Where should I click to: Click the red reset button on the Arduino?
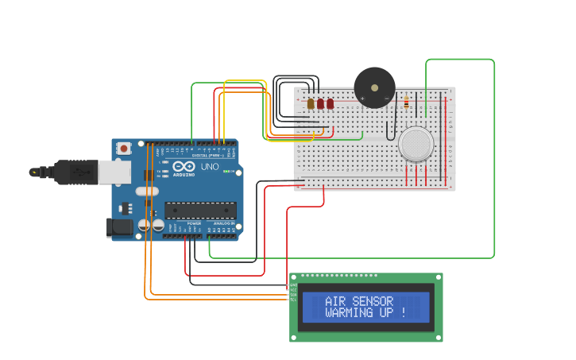point(124,149)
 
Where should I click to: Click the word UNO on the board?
point(210,168)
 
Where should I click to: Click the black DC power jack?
point(119,227)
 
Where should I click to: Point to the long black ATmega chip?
point(200,210)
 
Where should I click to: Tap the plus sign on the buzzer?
point(363,99)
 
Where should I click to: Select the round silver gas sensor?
point(417,144)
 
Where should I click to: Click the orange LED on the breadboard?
point(311,103)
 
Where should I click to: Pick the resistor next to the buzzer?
point(407,102)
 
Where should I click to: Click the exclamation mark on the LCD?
point(403,313)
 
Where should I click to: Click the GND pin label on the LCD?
point(293,285)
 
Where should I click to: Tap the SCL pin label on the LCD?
point(293,300)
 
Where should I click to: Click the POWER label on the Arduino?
point(194,224)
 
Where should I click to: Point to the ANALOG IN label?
point(223,224)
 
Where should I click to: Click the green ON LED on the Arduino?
point(226,172)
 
